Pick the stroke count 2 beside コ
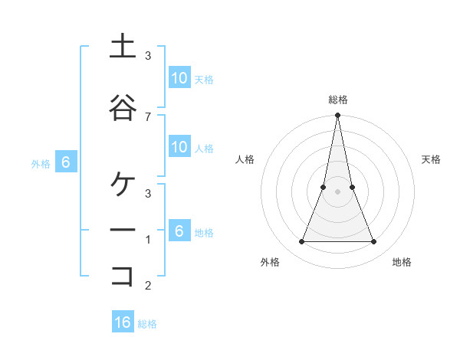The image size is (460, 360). [148, 286]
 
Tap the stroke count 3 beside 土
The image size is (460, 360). [148, 56]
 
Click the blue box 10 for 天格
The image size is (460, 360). [179, 78]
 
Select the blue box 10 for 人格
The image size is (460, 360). [179, 147]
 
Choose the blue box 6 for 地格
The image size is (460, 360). [179, 231]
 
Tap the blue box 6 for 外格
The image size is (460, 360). [66, 162]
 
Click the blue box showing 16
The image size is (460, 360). [123, 322]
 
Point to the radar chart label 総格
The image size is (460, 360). [337, 100]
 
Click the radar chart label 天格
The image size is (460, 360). [432, 159]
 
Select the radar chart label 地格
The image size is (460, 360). [402, 262]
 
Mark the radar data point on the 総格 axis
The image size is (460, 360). [337, 116]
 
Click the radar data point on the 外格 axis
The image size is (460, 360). [301, 242]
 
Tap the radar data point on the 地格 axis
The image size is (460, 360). [373, 242]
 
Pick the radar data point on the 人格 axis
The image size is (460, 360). [323, 187]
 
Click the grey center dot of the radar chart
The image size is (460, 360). [337, 191]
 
